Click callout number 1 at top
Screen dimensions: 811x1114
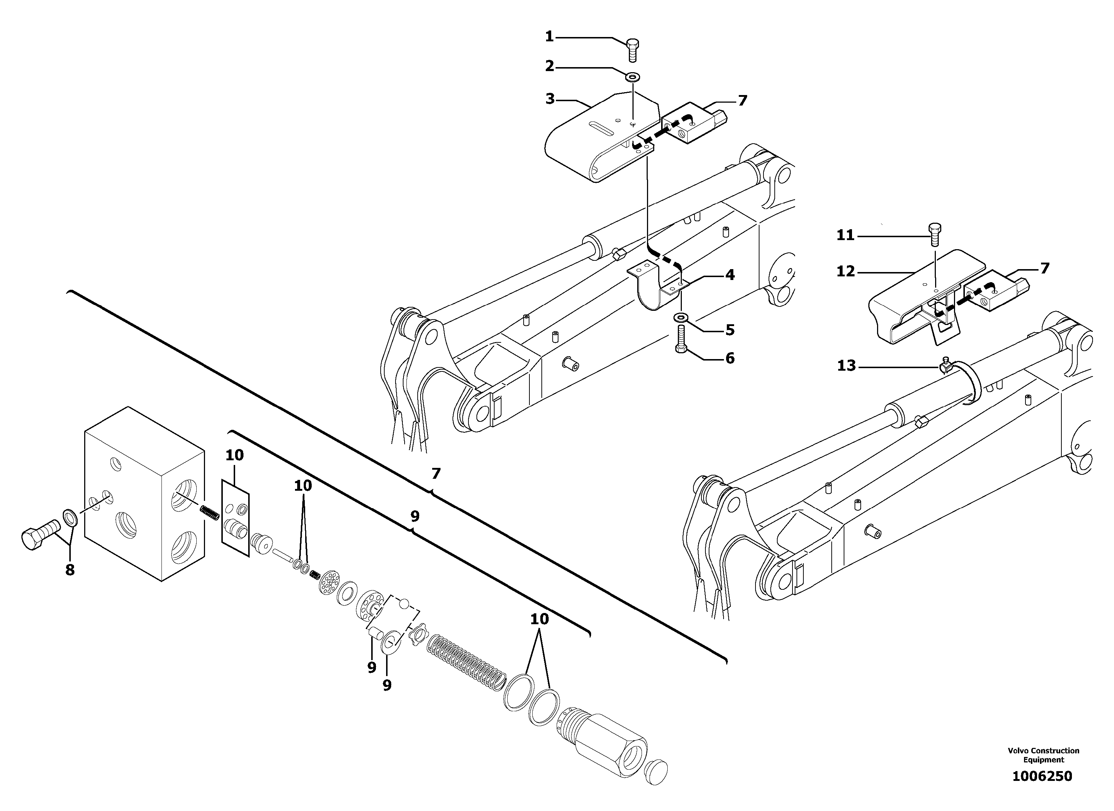tap(550, 37)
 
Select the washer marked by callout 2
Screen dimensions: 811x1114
tap(632, 77)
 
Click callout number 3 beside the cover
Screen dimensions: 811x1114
tap(550, 99)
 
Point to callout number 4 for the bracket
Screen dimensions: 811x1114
tap(730, 275)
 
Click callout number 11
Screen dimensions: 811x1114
tap(845, 236)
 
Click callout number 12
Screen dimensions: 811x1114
tap(846, 271)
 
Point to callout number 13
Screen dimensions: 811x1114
tap(846, 366)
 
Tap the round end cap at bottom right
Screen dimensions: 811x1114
tap(655, 773)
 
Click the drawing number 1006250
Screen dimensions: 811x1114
tap(1042, 777)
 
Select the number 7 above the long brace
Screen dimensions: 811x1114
tap(436, 474)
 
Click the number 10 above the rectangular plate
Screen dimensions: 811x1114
tap(234, 455)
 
